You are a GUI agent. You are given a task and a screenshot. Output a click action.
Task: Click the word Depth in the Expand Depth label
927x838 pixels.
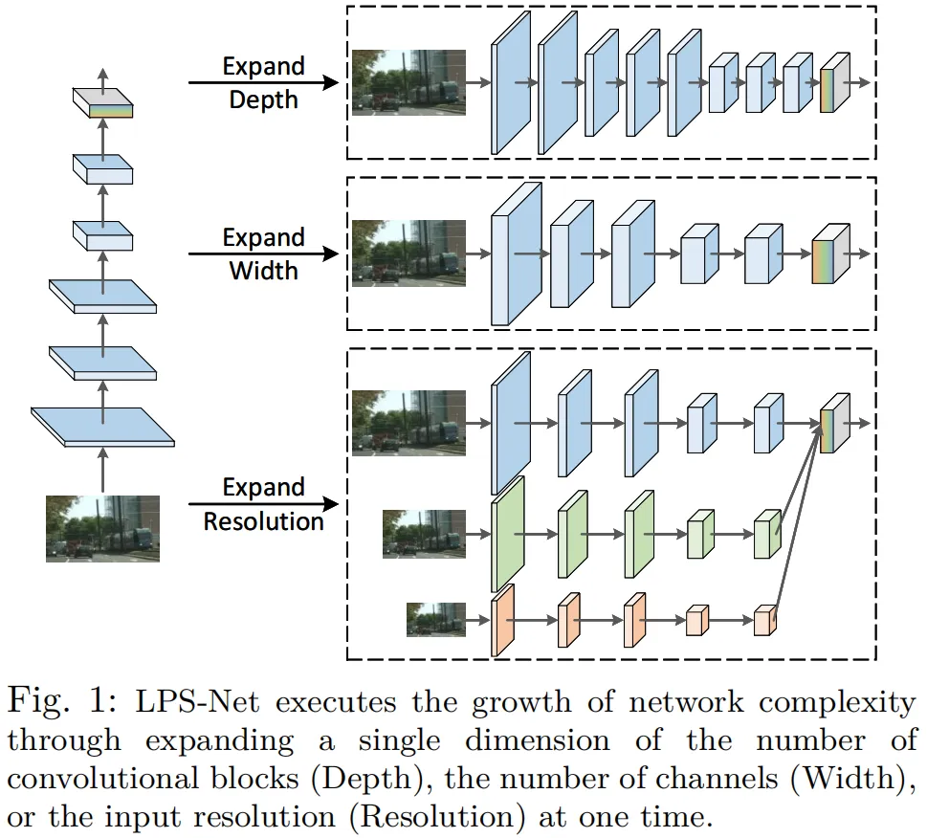(263, 99)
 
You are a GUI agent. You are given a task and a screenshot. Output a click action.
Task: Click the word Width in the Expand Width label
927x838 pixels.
(263, 270)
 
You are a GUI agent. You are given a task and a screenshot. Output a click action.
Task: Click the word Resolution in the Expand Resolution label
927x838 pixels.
(263, 521)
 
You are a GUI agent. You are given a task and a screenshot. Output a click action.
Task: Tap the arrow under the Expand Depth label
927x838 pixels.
(263, 83)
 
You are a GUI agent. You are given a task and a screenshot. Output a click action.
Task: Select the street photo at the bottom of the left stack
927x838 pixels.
(102, 527)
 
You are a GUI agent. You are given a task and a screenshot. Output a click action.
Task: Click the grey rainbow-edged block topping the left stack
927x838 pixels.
(102, 102)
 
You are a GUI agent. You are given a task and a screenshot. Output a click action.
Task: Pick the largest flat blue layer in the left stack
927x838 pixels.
(102, 426)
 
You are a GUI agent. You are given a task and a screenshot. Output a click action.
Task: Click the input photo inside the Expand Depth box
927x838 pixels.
(408, 82)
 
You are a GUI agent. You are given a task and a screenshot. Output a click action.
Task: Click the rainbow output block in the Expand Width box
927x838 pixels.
(828, 254)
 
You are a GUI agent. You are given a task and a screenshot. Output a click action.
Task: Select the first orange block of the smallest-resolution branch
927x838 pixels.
(502, 621)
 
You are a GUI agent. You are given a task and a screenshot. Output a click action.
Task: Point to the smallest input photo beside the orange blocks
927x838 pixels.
(435, 619)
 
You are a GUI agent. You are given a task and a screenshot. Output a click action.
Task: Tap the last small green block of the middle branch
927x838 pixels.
(766, 534)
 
